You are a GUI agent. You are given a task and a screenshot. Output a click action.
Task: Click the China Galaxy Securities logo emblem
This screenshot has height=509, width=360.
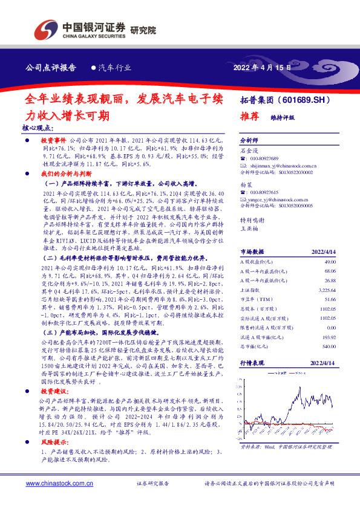pyautogui.click(x=45, y=29)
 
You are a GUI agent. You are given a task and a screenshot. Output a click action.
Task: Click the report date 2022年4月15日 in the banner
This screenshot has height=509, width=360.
pyautogui.click(x=262, y=67)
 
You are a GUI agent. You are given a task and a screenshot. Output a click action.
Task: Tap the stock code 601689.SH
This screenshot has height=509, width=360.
pyautogui.click(x=307, y=98)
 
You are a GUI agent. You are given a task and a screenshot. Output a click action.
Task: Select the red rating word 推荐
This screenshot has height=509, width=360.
pyautogui.click(x=251, y=115)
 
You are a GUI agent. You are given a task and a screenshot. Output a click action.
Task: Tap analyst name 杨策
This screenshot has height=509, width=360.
pyautogui.click(x=246, y=184)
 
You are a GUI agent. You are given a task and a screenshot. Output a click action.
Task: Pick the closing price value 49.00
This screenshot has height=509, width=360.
pyautogui.click(x=330, y=262)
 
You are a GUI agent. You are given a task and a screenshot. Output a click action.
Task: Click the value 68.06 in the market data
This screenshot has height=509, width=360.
pyautogui.click(x=330, y=271)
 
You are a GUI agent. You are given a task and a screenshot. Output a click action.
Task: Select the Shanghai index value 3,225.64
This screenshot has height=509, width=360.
pyautogui.click(x=327, y=290)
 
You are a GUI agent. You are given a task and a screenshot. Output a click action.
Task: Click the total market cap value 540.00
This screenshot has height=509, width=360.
pyautogui.click(x=329, y=346)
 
